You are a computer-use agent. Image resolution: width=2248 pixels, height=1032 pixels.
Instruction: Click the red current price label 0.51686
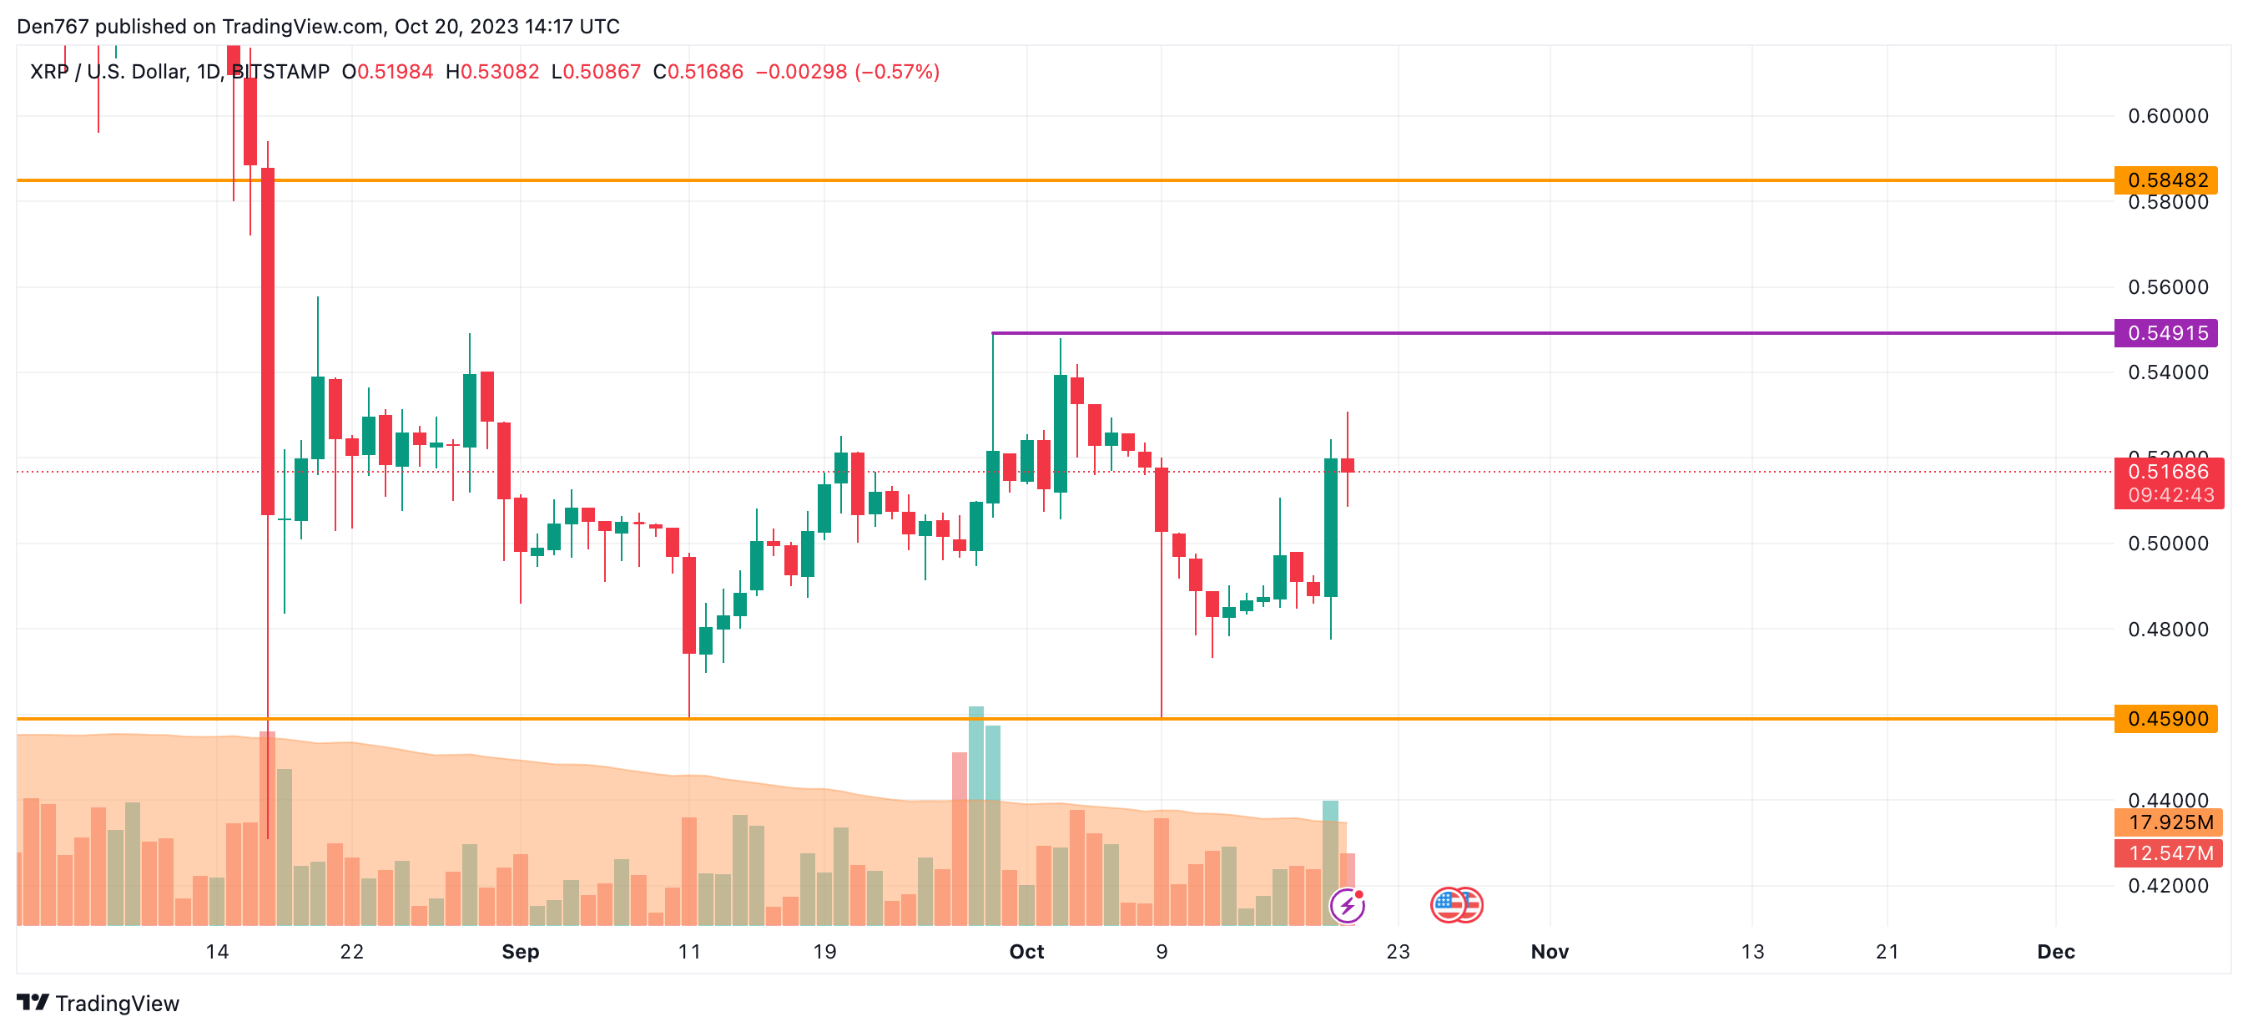point(2168,473)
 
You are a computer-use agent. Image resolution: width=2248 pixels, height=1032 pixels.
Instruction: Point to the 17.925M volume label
point(2170,822)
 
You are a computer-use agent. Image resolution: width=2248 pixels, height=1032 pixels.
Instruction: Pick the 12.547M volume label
point(2170,853)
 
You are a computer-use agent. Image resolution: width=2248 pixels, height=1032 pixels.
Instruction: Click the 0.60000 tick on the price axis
point(2168,116)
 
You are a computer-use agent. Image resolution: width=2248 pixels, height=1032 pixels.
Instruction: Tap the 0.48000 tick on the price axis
point(2168,630)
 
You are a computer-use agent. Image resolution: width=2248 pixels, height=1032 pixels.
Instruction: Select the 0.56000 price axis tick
point(2168,287)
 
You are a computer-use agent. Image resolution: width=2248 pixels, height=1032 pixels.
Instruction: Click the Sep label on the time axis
point(520,952)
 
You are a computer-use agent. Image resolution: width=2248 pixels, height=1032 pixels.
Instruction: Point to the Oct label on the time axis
point(1026,952)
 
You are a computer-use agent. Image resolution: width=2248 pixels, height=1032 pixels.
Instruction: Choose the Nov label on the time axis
point(1550,952)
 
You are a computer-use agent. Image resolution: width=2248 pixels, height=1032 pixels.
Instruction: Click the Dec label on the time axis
point(2056,952)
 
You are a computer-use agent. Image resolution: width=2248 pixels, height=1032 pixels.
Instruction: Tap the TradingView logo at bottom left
point(98,1003)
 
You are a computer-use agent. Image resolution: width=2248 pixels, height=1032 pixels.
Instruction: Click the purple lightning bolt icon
point(1348,905)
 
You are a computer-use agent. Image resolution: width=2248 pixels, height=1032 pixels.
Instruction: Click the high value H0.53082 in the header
point(492,72)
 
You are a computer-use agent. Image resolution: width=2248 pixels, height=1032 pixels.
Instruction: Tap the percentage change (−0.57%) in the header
point(897,72)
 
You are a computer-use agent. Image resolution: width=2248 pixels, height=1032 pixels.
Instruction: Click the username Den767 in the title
point(53,26)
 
